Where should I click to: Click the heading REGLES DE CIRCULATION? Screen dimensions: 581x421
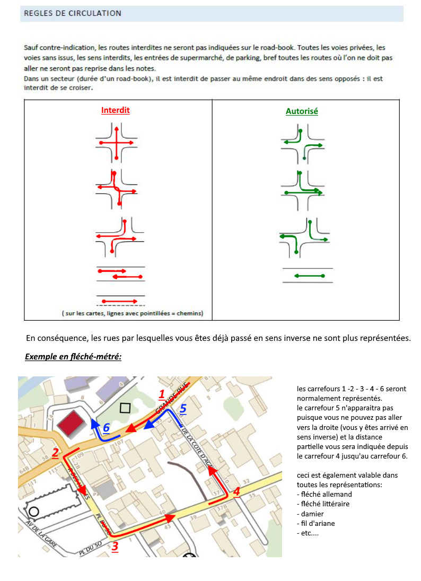click(x=73, y=13)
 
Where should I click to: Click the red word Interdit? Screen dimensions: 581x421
click(x=116, y=110)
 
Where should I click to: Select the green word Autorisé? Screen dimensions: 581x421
click(x=302, y=111)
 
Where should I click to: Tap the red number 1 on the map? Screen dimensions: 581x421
click(x=162, y=393)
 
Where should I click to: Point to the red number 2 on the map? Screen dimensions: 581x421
click(x=55, y=452)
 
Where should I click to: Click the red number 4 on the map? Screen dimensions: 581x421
click(x=236, y=491)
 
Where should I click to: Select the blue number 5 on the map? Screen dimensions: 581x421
click(x=183, y=409)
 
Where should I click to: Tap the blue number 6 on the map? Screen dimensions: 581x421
click(x=106, y=427)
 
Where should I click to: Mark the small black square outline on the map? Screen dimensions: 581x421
click(x=125, y=408)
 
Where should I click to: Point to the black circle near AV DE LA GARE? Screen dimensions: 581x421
click(x=34, y=512)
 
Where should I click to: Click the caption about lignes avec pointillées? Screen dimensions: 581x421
click(x=132, y=313)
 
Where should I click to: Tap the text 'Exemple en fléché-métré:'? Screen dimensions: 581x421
click(x=73, y=357)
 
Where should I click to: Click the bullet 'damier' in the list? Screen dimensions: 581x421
click(x=313, y=514)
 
